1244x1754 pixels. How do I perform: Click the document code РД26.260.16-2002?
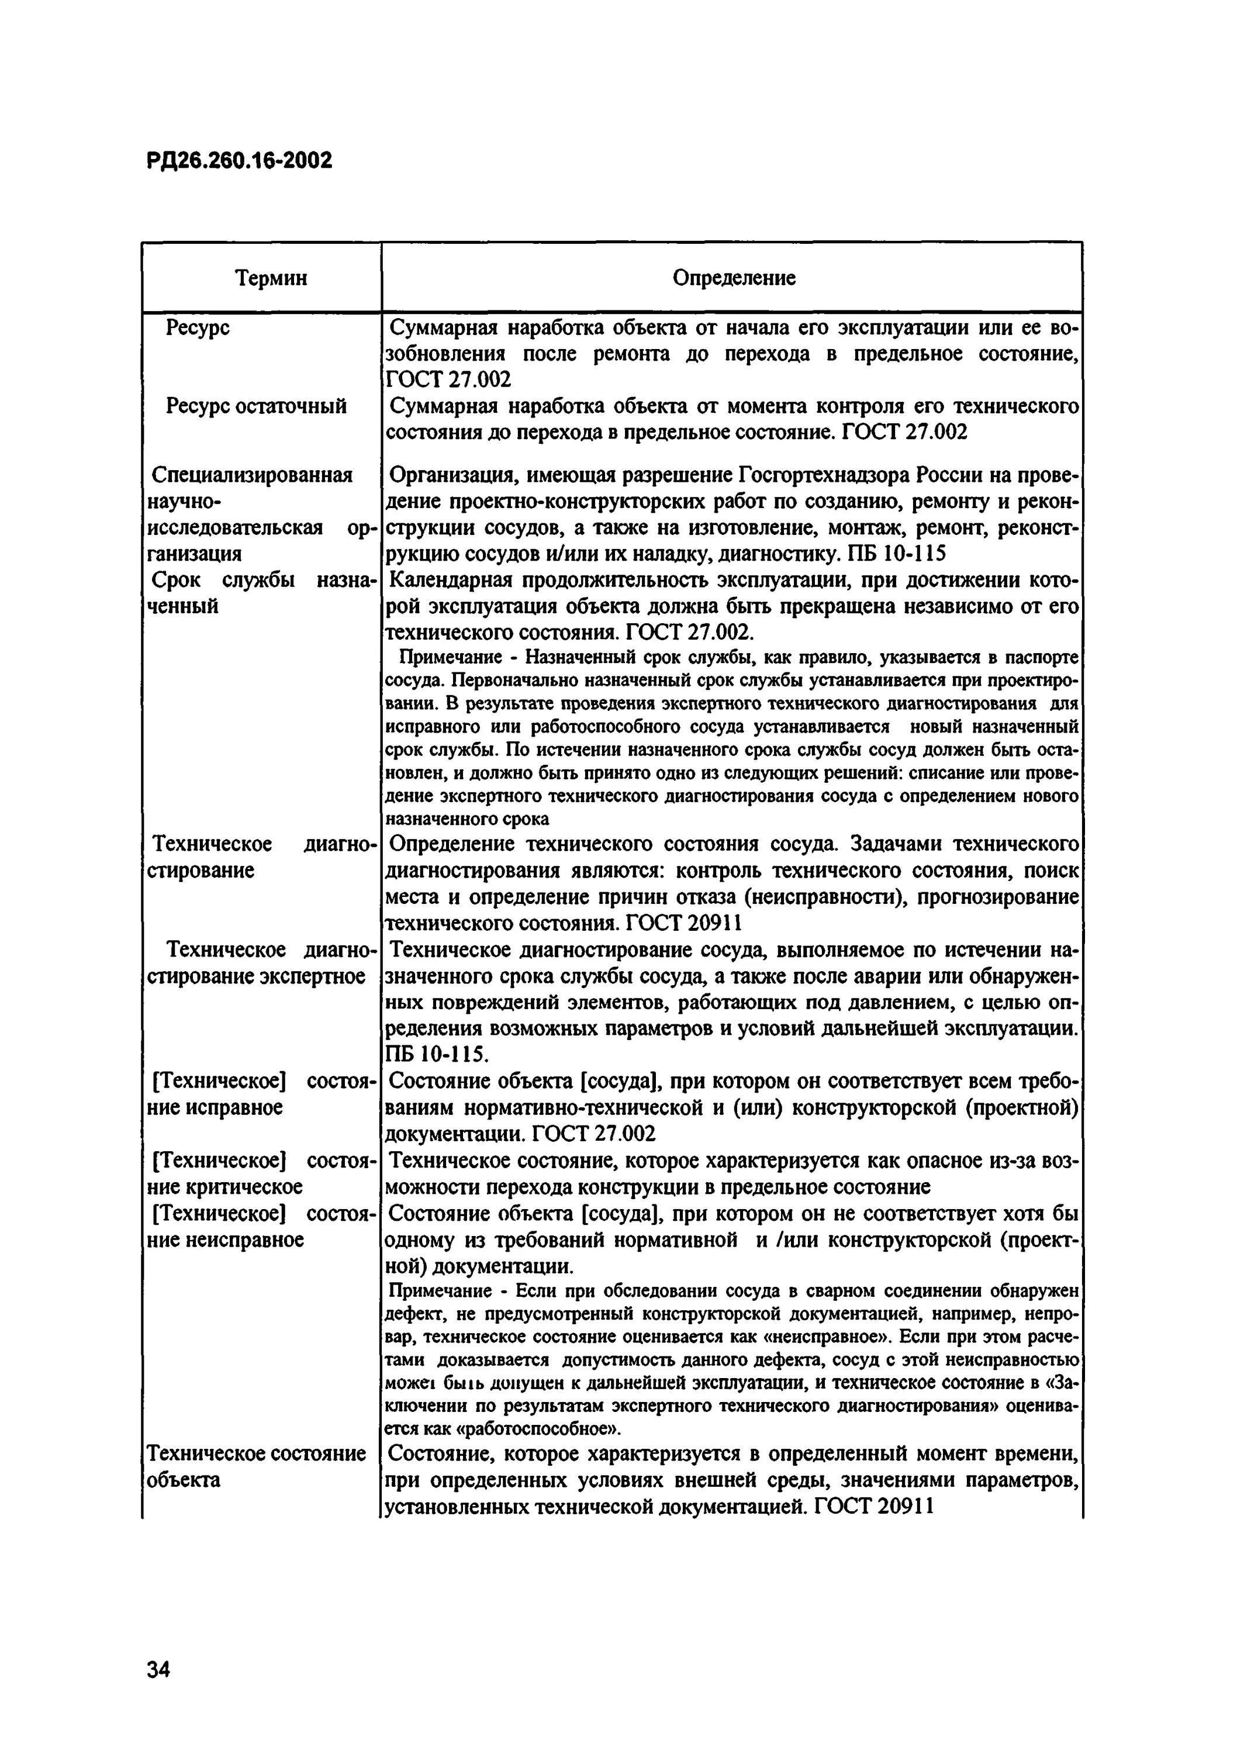239,161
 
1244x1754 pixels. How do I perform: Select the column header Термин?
271,278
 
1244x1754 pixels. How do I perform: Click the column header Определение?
734,278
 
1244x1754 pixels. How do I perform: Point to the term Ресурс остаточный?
257,406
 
